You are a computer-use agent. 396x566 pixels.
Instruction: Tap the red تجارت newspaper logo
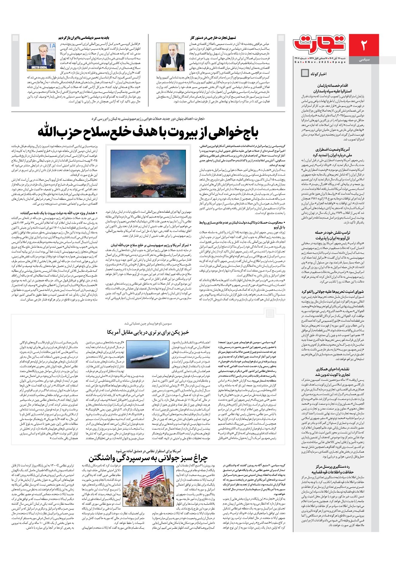coord(320,44)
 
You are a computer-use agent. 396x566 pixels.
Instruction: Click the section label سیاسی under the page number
coord(364,60)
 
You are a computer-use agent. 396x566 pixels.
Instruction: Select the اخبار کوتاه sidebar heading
coord(318,74)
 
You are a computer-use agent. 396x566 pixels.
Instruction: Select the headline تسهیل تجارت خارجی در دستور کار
coord(213,38)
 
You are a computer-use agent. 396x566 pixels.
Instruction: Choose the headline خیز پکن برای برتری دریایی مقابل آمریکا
coord(148,332)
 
